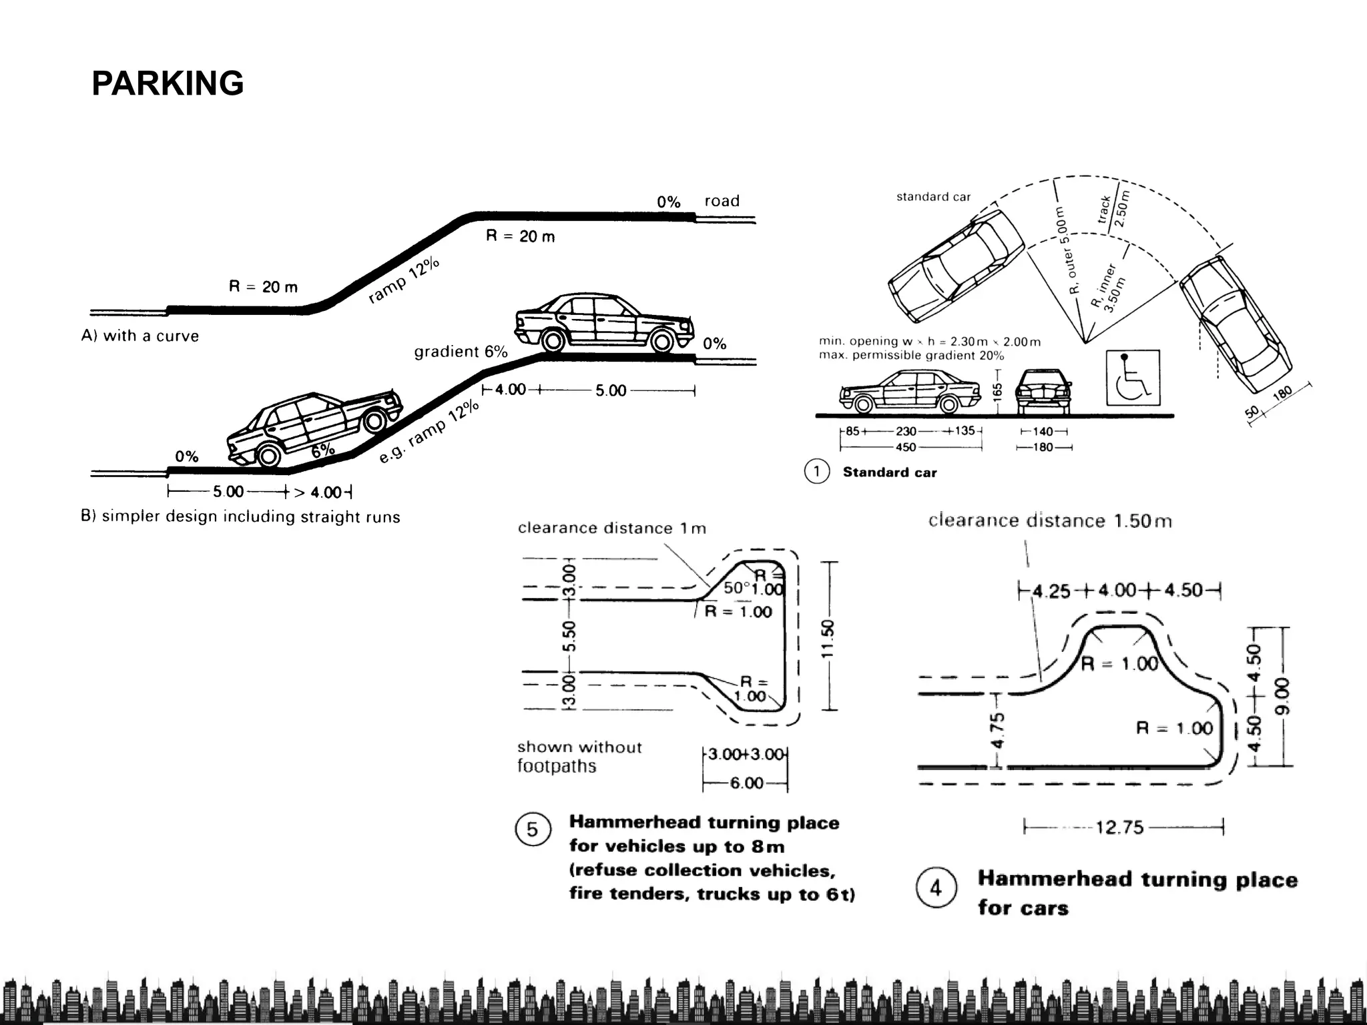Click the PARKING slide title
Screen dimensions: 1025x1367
pyautogui.click(x=168, y=84)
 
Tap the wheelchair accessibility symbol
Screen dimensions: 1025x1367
pyautogui.click(x=1133, y=378)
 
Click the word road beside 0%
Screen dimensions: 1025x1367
pyautogui.click(x=722, y=201)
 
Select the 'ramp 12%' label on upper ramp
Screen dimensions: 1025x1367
pyautogui.click(x=404, y=280)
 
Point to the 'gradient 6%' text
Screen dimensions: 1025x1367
pyautogui.click(x=461, y=352)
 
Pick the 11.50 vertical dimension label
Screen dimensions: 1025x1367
pyautogui.click(x=828, y=639)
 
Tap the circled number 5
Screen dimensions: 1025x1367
pyautogui.click(x=533, y=829)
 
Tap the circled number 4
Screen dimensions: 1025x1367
pyautogui.click(x=936, y=888)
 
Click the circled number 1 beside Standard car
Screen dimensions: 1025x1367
pyautogui.click(x=816, y=472)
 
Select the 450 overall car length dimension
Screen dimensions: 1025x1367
pyautogui.click(x=906, y=447)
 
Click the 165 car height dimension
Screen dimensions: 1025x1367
pyautogui.click(x=997, y=390)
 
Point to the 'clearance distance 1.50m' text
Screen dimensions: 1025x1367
pyautogui.click(x=1049, y=521)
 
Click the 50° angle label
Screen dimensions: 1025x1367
pyautogui.click(x=736, y=588)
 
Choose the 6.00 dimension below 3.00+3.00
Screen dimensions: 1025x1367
pyautogui.click(x=746, y=783)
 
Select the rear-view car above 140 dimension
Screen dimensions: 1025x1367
pyautogui.click(x=1043, y=391)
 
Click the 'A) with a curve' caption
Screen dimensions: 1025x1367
pyautogui.click(x=140, y=336)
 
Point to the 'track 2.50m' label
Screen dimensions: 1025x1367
pyautogui.click(x=1113, y=209)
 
